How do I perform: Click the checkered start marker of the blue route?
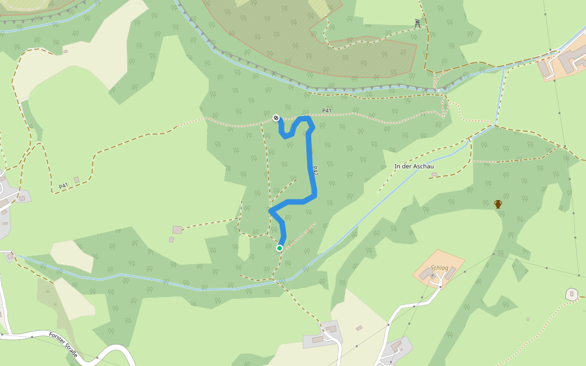276,118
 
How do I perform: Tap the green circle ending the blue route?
280,248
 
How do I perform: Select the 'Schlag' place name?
440,268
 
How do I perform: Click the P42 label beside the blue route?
315,171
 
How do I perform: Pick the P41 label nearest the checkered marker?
327,110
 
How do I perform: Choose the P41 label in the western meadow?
63,185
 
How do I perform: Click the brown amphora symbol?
498,204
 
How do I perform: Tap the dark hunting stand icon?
418,23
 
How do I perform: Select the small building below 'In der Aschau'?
434,174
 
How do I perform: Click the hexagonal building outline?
572,295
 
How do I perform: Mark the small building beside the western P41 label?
76,179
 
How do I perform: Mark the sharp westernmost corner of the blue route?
270,210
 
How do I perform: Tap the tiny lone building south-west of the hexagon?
529,319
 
